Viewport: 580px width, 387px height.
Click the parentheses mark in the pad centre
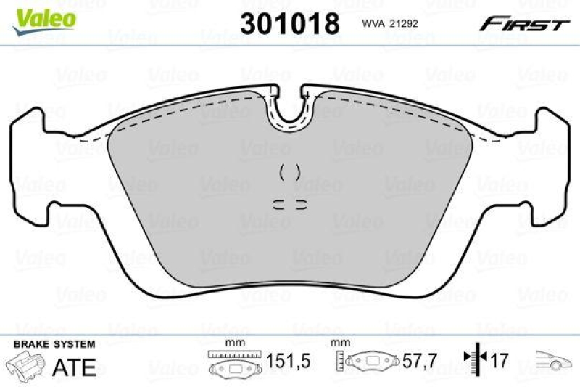[x=290, y=172]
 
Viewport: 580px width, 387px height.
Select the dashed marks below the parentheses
[x=290, y=203]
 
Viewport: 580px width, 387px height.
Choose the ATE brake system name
[x=75, y=367]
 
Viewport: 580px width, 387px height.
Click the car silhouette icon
[x=552, y=359]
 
